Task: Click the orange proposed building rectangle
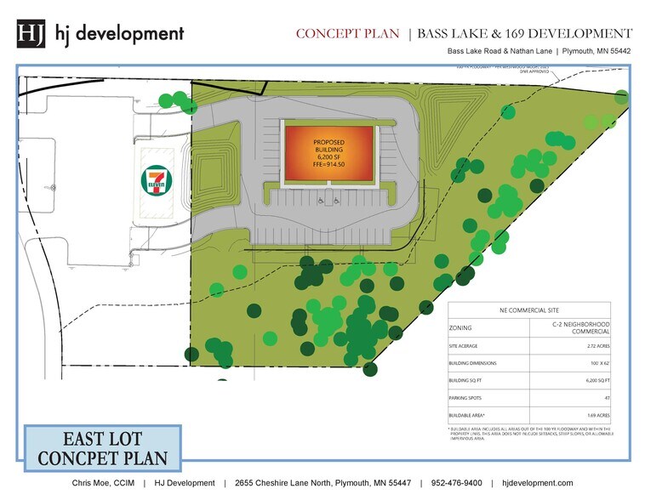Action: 329,153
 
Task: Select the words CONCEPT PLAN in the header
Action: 347,34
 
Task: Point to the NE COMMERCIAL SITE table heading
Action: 528,311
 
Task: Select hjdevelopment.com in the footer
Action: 538,483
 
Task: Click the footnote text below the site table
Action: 528,435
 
